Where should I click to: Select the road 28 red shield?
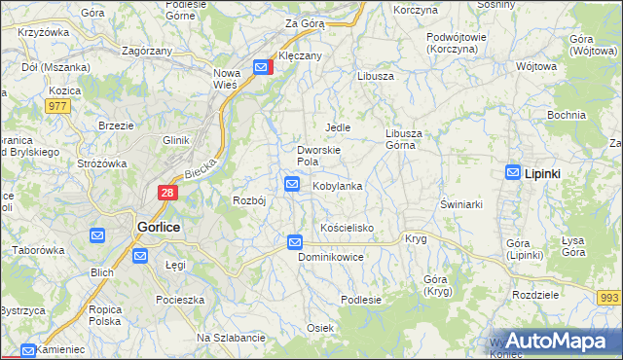coord(167,194)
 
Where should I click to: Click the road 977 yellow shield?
coord(57,106)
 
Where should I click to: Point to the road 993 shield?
coord(609,297)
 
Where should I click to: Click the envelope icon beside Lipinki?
coord(513,172)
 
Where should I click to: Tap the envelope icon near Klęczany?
coord(262,67)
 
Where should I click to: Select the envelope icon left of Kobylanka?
coord(292,183)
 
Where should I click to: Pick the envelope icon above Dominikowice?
coord(295,241)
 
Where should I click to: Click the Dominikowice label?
coord(331,258)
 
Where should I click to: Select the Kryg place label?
coord(416,238)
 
